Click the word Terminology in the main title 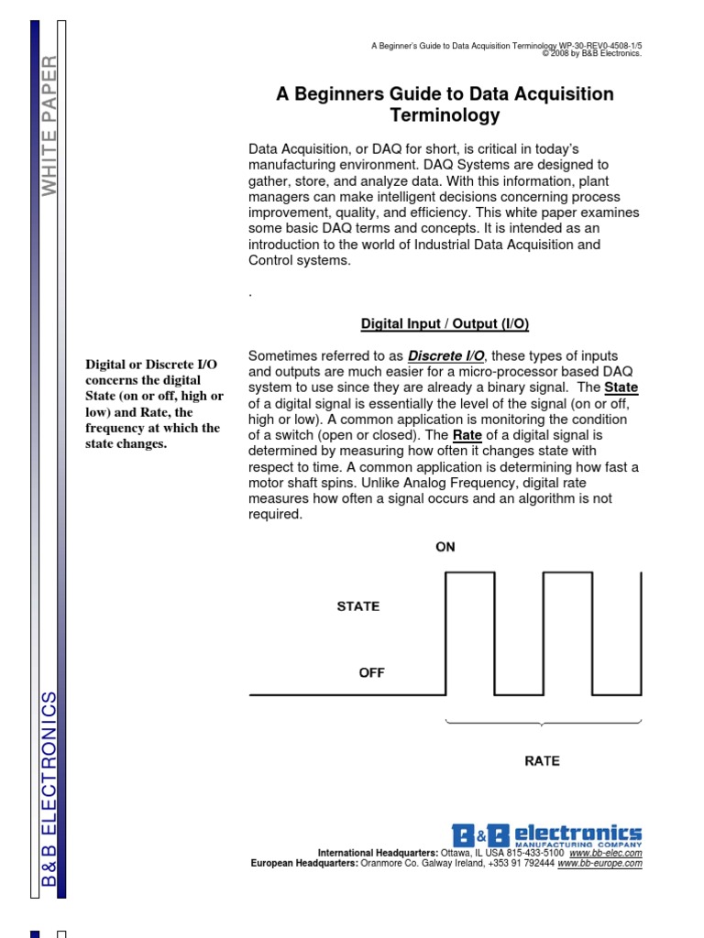click(x=445, y=115)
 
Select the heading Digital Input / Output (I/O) click(x=445, y=324)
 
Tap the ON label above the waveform click(x=445, y=547)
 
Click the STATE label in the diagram click(x=358, y=605)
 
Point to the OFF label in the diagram click(x=371, y=672)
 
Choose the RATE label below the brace click(x=542, y=760)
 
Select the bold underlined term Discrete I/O click(x=446, y=355)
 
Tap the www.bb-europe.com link click(x=599, y=863)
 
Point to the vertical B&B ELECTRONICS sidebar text click(x=49, y=789)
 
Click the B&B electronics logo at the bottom click(x=546, y=834)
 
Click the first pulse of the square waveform click(x=469, y=632)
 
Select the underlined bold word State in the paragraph click(x=621, y=387)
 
